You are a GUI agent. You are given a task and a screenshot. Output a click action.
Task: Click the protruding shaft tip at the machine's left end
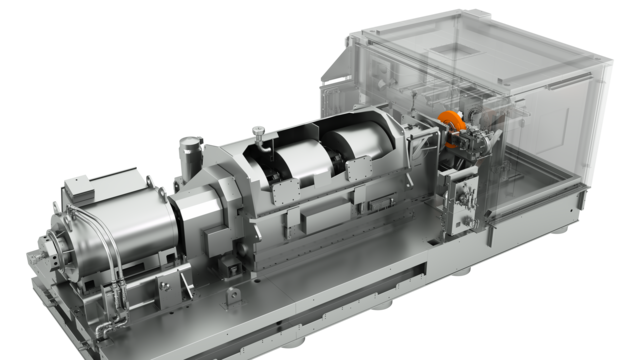[42, 246]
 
